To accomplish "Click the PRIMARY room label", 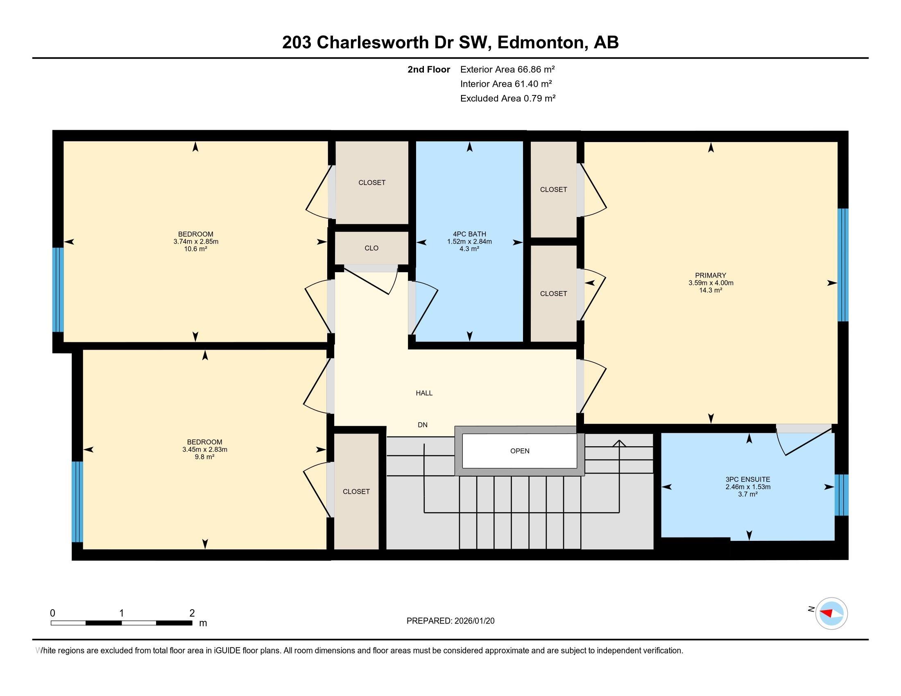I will pyautogui.click(x=710, y=276).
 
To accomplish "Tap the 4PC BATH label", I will pyautogui.click(x=469, y=234).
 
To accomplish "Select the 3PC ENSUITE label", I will pyautogui.click(x=747, y=479).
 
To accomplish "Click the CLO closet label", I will pyautogui.click(x=371, y=248).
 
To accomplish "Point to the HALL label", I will pyautogui.click(x=424, y=393).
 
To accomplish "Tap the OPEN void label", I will pyautogui.click(x=519, y=451).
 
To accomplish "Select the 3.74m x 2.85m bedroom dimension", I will pyautogui.click(x=195, y=242).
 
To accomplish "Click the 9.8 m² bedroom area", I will pyautogui.click(x=204, y=457).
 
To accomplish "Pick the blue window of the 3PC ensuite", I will pyautogui.click(x=841, y=495).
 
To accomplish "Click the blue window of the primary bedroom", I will pyautogui.click(x=842, y=265).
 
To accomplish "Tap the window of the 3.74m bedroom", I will pyautogui.click(x=58, y=289).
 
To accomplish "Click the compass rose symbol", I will pyautogui.click(x=831, y=613).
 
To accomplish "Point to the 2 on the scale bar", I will pyautogui.click(x=192, y=613).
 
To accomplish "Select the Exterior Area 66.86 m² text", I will pyautogui.click(x=507, y=69).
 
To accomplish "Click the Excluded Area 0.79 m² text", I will pyautogui.click(x=507, y=98).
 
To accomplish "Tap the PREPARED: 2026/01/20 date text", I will pyautogui.click(x=450, y=621).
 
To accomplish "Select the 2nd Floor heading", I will pyautogui.click(x=428, y=69).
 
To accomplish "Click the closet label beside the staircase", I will pyautogui.click(x=356, y=491).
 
